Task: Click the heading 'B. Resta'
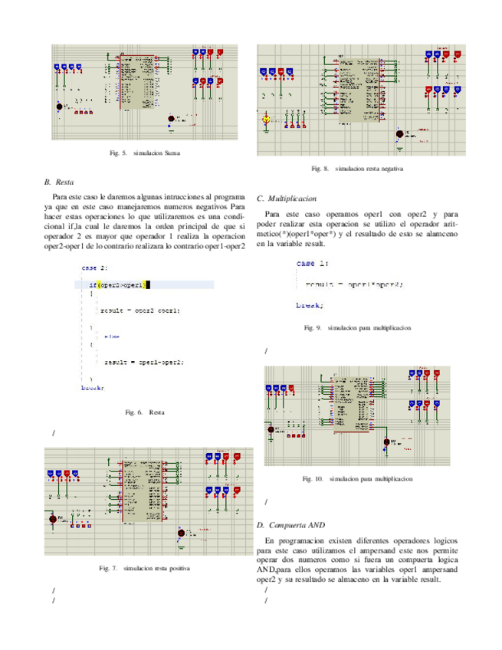(x=59, y=183)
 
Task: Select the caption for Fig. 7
(x=145, y=569)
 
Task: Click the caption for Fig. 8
(x=357, y=168)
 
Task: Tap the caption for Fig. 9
(x=357, y=327)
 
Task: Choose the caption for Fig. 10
(x=357, y=479)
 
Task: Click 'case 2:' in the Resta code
(x=94, y=268)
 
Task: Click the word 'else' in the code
(x=112, y=336)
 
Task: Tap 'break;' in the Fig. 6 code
(x=92, y=388)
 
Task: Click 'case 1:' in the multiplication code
(x=313, y=263)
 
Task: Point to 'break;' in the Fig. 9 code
(x=310, y=305)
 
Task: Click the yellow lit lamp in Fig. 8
(x=266, y=120)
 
